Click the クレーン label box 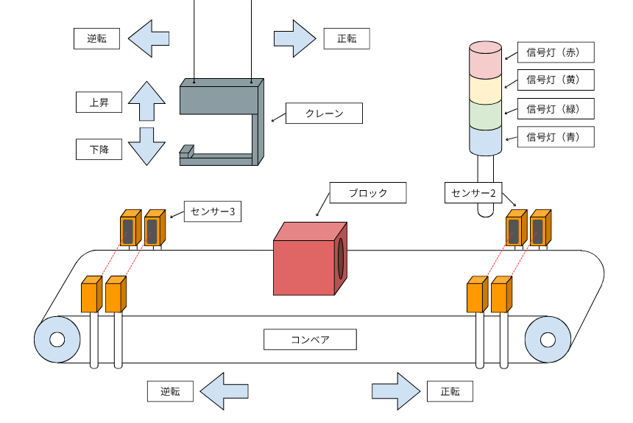(325, 114)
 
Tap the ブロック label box (368, 193)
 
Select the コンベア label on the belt (310, 340)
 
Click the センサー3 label (213, 212)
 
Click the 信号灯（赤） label (556, 53)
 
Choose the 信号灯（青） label (556, 137)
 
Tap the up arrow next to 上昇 (146, 101)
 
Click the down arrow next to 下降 (146, 146)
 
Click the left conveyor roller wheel (57, 340)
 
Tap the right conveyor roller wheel (547, 340)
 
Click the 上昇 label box (99, 102)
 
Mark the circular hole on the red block (341, 259)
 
